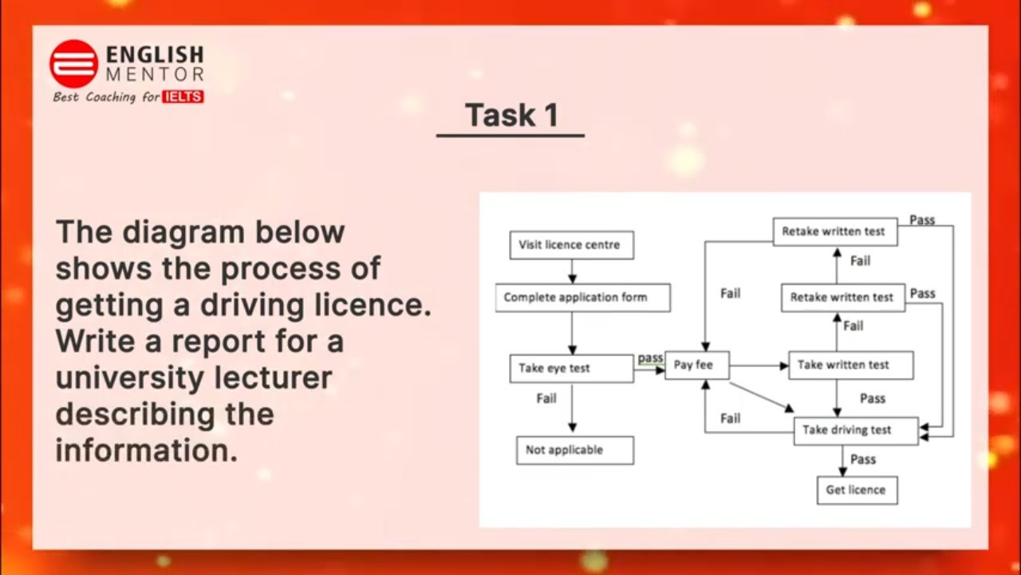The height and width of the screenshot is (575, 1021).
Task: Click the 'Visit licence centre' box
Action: tap(571, 245)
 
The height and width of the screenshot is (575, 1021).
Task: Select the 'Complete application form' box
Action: tap(582, 297)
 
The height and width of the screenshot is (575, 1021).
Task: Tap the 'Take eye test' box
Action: tap(571, 368)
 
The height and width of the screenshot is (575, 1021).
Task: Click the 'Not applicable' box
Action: tap(574, 450)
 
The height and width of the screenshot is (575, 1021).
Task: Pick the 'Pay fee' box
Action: tap(696, 365)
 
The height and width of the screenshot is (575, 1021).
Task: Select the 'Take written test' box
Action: tap(850, 365)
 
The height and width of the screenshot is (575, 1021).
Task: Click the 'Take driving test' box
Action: tap(855, 430)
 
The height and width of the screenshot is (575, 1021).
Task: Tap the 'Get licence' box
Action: tap(857, 490)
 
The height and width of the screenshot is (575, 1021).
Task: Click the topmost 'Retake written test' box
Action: tap(834, 232)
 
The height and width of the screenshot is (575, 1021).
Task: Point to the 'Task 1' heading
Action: tap(510, 115)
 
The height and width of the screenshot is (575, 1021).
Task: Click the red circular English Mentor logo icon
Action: tap(73, 63)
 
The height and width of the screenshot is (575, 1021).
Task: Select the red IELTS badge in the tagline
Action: tap(183, 97)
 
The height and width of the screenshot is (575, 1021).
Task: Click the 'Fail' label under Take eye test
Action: tap(546, 399)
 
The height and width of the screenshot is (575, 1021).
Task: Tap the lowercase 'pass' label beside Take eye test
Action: tap(650, 358)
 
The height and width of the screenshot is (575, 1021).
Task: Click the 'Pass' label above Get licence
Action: tap(863, 459)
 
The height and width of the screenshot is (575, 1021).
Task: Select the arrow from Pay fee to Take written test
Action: tap(758, 366)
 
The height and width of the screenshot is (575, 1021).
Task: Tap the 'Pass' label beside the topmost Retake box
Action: tap(922, 220)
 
